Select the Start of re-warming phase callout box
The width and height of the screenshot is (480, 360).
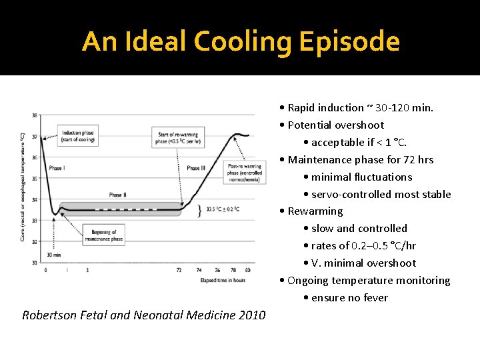pyautogui.click(x=176, y=137)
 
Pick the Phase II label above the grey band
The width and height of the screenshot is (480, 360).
pyautogui.click(x=117, y=195)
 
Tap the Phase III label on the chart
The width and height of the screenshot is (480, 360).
pyautogui.click(x=197, y=168)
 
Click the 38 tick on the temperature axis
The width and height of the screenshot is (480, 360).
pyautogui.click(x=35, y=115)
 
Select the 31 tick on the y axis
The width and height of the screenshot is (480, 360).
pyautogui.click(x=35, y=262)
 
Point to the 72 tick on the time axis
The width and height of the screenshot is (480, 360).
pyautogui.click(x=179, y=270)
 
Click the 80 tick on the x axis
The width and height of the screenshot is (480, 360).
pyautogui.click(x=248, y=270)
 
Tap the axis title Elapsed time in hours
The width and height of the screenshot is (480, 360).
pyautogui.click(x=223, y=281)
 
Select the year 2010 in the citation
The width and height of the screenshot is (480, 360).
pyautogui.click(x=252, y=315)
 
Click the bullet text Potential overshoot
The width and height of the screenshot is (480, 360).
pyautogui.click(x=336, y=125)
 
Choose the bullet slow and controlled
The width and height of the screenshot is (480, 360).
pyautogui.click(x=359, y=228)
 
